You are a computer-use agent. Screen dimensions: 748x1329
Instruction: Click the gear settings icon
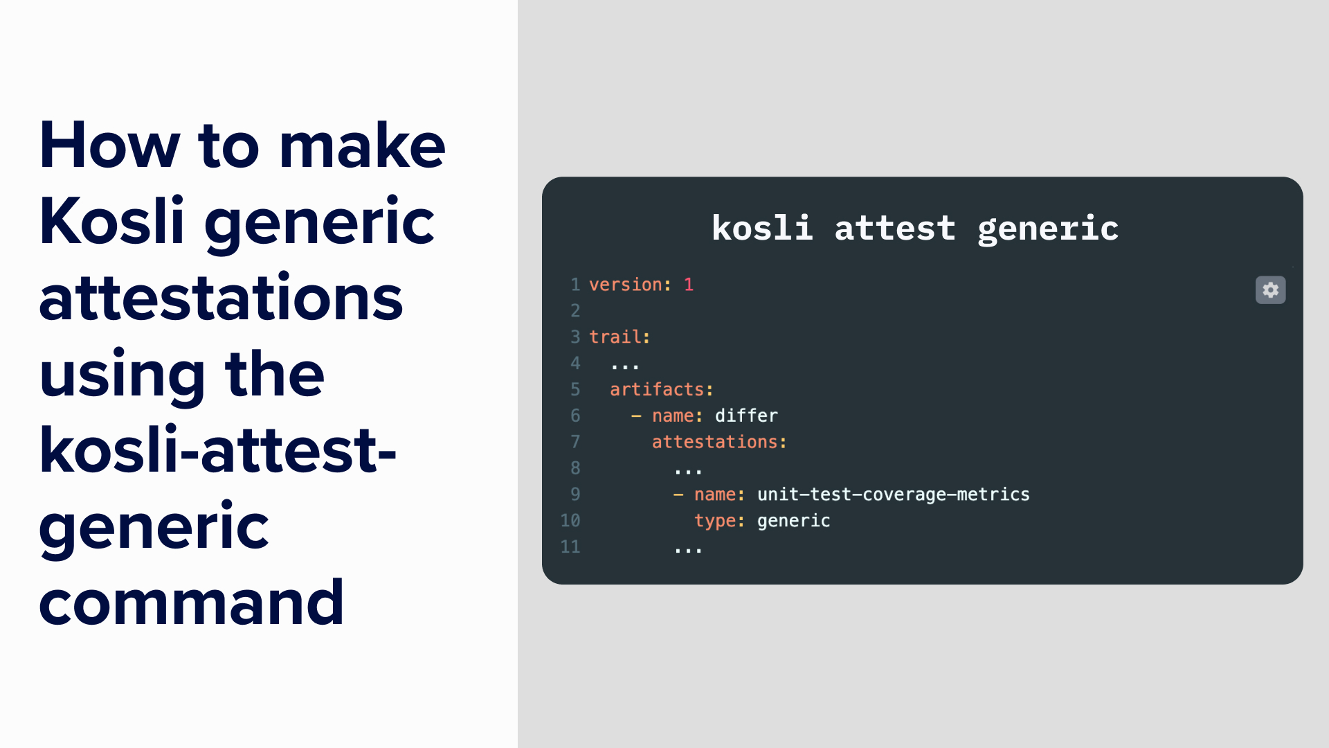click(x=1270, y=290)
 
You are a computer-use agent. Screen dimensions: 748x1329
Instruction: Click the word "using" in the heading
click(x=122, y=375)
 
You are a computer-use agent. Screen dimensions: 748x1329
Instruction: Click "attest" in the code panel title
click(x=894, y=228)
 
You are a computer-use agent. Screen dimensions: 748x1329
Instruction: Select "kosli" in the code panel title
click(x=761, y=228)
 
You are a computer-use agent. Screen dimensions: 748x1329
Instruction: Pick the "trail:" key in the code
click(x=620, y=337)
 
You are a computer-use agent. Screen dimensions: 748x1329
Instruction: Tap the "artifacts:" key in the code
click(x=661, y=390)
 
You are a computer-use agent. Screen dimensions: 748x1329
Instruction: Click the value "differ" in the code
click(x=746, y=416)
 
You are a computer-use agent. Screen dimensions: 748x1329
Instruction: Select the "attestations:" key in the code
click(x=719, y=443)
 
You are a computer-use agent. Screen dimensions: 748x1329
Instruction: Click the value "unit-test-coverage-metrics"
click(x=893, y=495)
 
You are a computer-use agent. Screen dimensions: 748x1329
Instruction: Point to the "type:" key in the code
click(x=719, y=521)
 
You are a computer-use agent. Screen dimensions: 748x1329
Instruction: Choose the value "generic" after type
click(x=793, y=521)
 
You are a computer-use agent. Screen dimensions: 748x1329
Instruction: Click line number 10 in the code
click(x=570, y=521)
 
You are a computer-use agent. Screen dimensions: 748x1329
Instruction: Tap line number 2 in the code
click(x=575, y=311)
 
